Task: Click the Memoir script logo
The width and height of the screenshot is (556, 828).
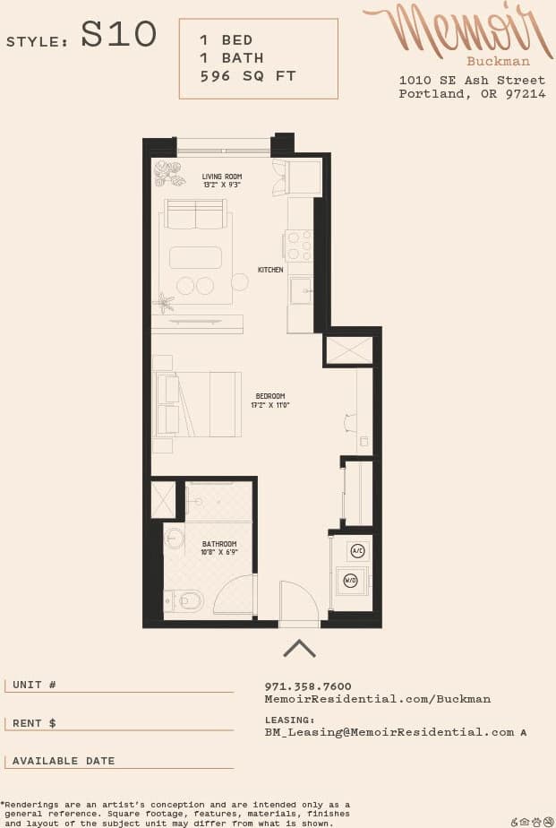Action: click(x=457, y=30)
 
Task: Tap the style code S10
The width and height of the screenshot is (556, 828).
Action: click(x=119, y=36)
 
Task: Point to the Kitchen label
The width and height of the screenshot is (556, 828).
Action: click(x=270, y=270)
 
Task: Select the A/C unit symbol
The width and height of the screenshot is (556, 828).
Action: click(x=356, y=551)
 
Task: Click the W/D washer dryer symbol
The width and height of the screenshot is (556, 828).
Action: click(x=351, y=581)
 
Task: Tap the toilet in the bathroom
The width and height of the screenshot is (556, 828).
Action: click(x=187, y=599)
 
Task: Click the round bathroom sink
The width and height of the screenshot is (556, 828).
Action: click(x=175, y=539)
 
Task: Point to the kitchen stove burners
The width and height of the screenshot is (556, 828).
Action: click(x=299, y=245)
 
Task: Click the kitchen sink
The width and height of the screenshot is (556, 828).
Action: click(x=301, y=290)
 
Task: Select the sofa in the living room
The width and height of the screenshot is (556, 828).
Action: click(x=195, y=215)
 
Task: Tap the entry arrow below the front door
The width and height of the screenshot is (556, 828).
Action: click(x=299, y=647)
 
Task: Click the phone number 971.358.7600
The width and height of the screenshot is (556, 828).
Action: click(x=308, y=686)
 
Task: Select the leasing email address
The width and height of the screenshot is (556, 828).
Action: click(x=389, y=732)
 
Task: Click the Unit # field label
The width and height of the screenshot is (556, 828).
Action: click(x=35, y=685)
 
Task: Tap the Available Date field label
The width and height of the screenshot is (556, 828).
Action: click(x=64, y=761)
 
